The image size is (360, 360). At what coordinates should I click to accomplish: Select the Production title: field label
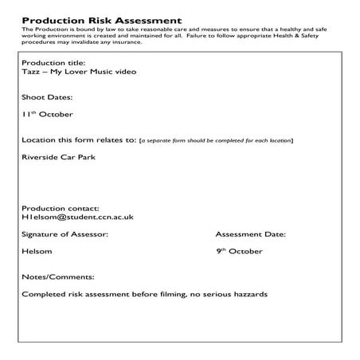pyautogui.click(x=53, y=62)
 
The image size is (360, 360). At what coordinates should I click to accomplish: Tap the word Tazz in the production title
pyautogui.click(x=32, y=72)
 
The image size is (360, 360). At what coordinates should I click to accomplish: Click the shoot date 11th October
pyautogui.click(x=47, y=114)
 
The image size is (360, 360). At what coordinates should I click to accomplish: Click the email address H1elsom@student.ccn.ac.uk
pyautogui.click(x=77, y=217)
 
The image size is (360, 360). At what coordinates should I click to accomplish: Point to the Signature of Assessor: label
pyautogui.click(x=65, y=234)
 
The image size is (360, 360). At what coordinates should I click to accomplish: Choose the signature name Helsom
pyautogui.click(x=37, y=252)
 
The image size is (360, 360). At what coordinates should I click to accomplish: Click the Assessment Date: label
pyautogui.click(x=251, y=234)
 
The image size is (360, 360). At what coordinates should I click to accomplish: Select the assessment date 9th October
pyautogui.click(x=239, y=252)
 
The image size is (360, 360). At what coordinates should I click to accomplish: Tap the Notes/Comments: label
pyautogui.click(x=57, y=277)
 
